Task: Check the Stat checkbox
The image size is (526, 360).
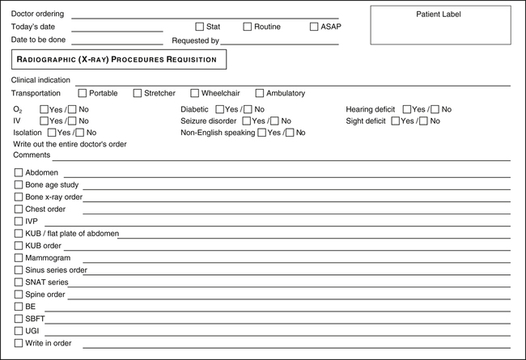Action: [200, 27]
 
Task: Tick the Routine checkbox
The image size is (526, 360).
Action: [248, 27]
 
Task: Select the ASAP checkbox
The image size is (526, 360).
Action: [314, 27]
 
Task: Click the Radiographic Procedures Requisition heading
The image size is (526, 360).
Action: [118, 59]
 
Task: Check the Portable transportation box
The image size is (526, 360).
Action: [83, 93]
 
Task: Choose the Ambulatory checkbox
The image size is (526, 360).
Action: [260, 93]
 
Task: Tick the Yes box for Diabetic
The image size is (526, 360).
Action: [219, 109]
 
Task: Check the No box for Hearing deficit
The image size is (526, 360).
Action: [435, 109]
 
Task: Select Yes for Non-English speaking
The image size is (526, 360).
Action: [261, 133]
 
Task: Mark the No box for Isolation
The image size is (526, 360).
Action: [80, 133]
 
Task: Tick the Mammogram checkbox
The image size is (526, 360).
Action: [19, 257]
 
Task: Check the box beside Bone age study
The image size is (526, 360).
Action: [19, 184]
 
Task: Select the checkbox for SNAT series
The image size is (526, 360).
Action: [19, 282]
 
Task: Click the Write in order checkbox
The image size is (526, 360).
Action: [19, 343]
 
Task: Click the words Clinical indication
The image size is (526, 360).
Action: [40, 80]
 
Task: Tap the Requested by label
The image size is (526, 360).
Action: [195, 40]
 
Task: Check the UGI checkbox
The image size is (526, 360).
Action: [19, 331]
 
